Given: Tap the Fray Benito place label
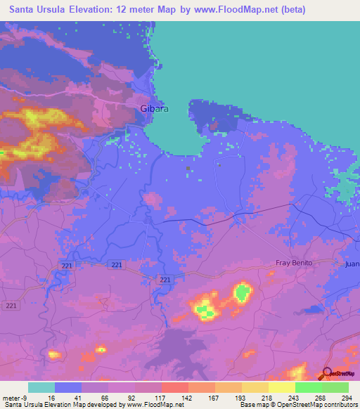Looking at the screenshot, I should point(292,263).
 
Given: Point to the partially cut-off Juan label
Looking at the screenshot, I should point(352,265).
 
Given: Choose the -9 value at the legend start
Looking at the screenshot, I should point(25,397).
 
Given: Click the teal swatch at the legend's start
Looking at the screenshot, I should point(41,387).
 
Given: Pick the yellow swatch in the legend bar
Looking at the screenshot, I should point(281,387).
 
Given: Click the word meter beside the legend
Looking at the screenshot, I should point(11,397).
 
